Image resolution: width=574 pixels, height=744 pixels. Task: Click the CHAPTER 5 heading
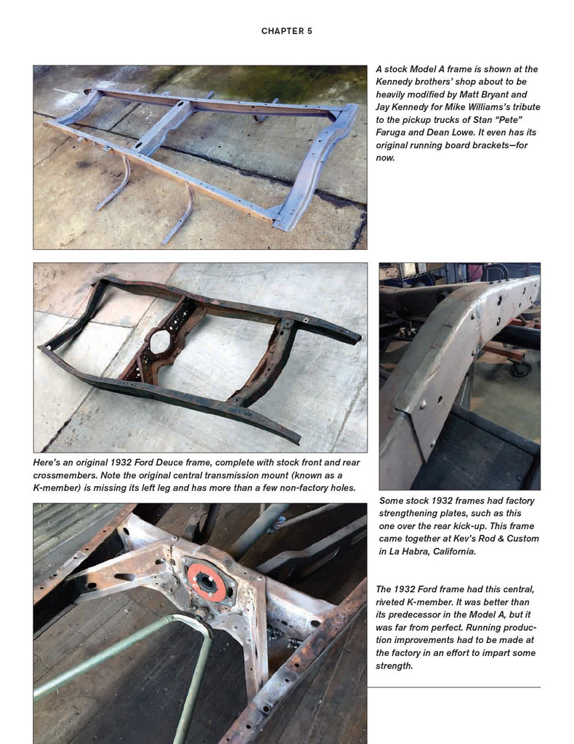[x=286, y=31]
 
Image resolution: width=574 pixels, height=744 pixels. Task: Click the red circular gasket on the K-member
[x=206, y=583]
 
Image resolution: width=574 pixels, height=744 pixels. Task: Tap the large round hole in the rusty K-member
[x=160, y=341]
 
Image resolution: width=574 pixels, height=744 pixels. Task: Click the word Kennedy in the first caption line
[x=393, y=81]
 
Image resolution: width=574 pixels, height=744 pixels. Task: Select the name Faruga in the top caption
[x=392, y=132]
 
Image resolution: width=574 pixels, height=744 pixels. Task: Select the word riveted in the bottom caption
[x=389, y=602]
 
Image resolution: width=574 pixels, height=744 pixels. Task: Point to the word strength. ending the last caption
[x=395, y=666]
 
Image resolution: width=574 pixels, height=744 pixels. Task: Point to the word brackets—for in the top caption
[x=499, y=145]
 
